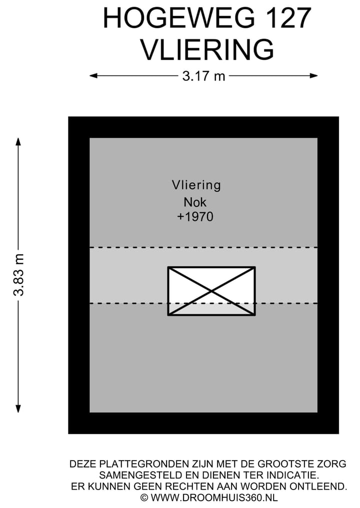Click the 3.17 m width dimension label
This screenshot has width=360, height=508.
pos(203,76)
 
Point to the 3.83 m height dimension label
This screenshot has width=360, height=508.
pos(19,275)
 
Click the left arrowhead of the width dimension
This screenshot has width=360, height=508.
pos(93,76)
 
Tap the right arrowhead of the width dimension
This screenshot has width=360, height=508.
pos(313,76)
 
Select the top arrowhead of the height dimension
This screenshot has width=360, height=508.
pos(18,142)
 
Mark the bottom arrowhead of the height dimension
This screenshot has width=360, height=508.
pos(18,409)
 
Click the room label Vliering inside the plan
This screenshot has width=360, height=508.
pos(196,185)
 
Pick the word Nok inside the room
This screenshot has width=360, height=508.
pos(195,202)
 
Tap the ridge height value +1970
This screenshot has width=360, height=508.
pos(195,217)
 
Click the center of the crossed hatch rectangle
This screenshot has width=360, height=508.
pos(211,291)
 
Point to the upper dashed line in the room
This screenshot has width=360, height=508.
pos(203,248)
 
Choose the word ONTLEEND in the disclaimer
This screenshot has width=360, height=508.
pos(318,487)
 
